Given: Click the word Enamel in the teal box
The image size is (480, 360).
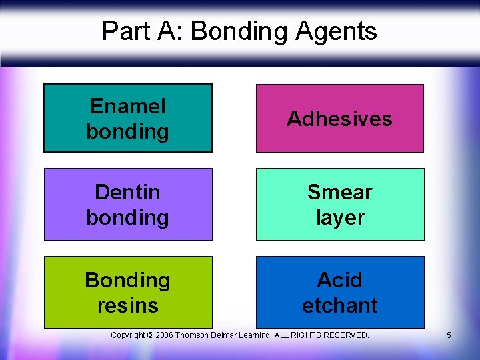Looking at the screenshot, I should coord(127,106).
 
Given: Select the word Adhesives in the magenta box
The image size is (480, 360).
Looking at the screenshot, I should coord(339,119).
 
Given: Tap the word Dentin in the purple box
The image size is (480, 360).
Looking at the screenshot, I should coord(127,192).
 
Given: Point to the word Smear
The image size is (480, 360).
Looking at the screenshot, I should coord(339,192).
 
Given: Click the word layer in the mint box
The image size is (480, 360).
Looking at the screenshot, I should coord(339,217).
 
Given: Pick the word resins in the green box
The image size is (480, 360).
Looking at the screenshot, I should coord(127,305).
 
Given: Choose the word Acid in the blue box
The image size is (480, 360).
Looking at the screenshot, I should coord(339,279).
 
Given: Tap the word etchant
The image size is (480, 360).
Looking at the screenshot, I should coord(339,305).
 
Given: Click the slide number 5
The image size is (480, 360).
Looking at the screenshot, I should coord(449,335).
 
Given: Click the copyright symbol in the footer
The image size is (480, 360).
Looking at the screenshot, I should coord(151,335).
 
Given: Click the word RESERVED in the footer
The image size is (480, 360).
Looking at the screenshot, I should coord(347,335).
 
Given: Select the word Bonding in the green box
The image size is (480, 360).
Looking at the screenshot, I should coord(127,280).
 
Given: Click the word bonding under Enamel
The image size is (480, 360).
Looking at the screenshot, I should coord(127,131).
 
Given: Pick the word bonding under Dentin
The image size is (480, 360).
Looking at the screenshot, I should coord(127,217).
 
